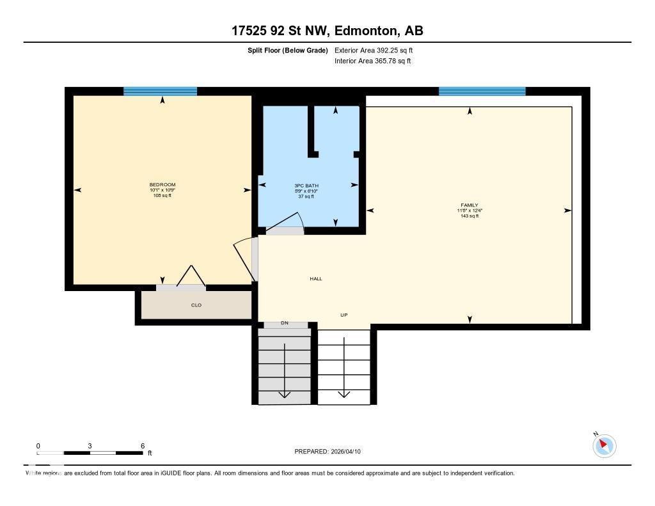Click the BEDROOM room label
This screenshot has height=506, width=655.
[x=162, y=185]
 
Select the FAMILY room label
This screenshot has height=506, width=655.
[x=469, y=205]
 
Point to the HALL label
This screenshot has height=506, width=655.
[x=316, y=279]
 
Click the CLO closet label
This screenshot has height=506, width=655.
[x=196, y=305]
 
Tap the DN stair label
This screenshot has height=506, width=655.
[x=285, y=323]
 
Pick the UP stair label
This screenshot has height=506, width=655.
[x=343, y=315]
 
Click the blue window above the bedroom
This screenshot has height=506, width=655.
[x=160, y=91]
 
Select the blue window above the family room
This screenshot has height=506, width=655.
[x=482, y=91]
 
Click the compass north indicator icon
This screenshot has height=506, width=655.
[x=604, y=445]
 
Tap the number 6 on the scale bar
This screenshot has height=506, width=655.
[x=142, y=446]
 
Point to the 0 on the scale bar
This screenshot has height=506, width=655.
[x=38, y=446]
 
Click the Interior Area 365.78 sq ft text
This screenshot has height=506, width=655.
[x=372, y=61]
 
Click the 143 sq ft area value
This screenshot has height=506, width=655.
[x=470, y=216]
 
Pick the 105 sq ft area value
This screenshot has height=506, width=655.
[x=162, y=195]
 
